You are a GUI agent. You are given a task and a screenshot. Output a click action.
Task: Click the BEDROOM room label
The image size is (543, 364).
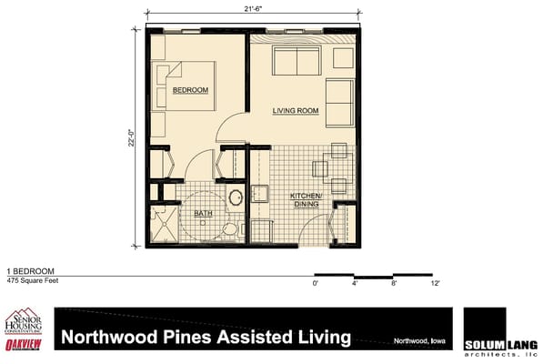tap(191, 91)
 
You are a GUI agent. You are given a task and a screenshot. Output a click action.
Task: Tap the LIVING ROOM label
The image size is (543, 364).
tap(295, 111)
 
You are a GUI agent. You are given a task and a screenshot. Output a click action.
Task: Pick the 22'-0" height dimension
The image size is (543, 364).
tap(133, 136)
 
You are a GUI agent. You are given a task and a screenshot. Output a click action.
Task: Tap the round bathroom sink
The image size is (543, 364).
tap(235, 197)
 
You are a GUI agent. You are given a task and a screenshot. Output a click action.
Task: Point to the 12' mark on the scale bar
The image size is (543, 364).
tap(436, 285)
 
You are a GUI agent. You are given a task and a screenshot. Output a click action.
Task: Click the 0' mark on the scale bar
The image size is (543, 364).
tap(316, 285)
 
